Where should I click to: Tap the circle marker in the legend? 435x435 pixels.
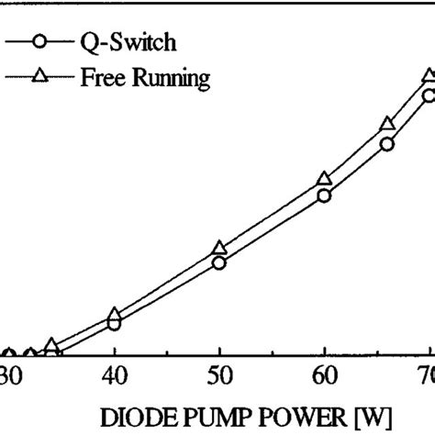pyautogui.click(x=38, y=42)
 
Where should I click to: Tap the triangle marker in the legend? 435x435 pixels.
pyautogui.click(x=38, y=77)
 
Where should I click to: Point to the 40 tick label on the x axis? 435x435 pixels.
pyautogui.click(x=114, y=377)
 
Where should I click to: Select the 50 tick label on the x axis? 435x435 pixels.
pyautogui.click(x=218, y=377)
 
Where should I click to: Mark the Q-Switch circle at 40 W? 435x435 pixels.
pyautogui.click(x=114, y=324)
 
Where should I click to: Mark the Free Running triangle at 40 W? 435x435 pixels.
pyautogui.click(x=114, y=315)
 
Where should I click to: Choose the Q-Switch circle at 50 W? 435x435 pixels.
pyautogui.click(x=218, y=263)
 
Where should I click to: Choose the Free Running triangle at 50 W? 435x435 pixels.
pyautogui.click(x=218, y=248)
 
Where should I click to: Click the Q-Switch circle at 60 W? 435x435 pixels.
pyautogui.click(x=323, y=195)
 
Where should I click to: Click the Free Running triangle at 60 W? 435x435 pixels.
pyautogui.click(x=323, y=178)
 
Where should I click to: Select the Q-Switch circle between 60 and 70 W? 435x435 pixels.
pyautogui.click(x=387, y=144)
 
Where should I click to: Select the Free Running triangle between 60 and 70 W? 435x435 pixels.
pyautogui.click(x=387, y=124)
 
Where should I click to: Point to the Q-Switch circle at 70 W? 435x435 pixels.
pyautogui.click(x=428, y=95)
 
